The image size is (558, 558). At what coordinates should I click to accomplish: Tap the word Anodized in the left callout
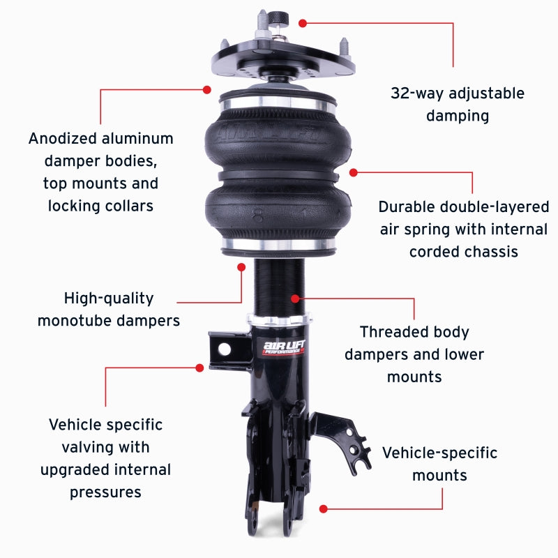[63, 139]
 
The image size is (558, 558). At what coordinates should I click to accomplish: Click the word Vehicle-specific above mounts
[439, 453]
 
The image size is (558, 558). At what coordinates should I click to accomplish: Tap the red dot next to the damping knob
[302, 23]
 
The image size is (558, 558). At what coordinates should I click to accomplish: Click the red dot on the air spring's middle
[354, 172]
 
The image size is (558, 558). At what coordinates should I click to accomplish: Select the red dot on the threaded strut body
[295, 298]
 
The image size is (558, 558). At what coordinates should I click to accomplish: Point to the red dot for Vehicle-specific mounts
[322, 508]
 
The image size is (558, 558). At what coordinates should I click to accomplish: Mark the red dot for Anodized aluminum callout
[207, 89]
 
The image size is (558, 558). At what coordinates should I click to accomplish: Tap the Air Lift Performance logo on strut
[282, 347]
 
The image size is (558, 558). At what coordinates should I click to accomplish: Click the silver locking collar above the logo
[278, 319]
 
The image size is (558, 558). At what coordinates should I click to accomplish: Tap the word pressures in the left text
[105, 492]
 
